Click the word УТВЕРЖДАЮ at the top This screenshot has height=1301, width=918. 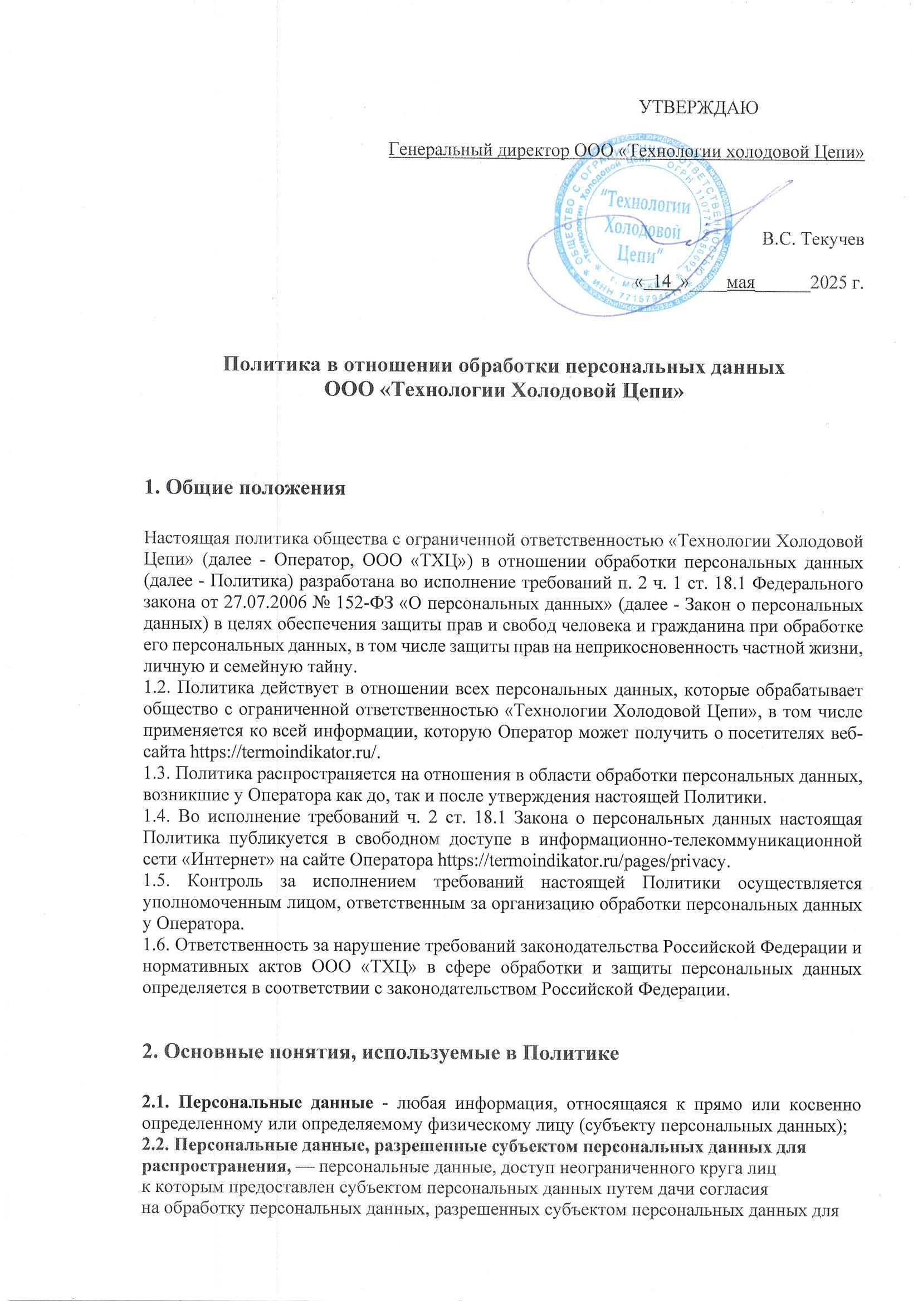pyautogui.click(x=699, y=107)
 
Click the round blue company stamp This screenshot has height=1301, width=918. pyautogui.click(x=641, y=227)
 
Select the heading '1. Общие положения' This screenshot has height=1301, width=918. pyautogui.click(x=245, y=488)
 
